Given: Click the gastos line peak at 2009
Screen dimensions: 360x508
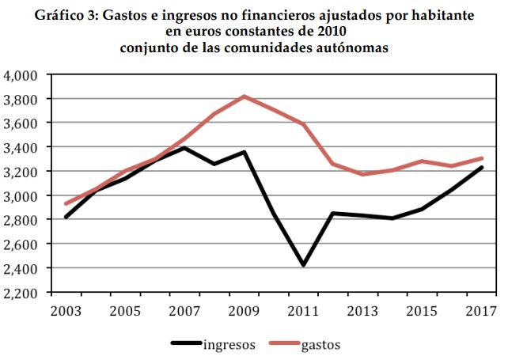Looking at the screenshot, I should [x=244, y=96].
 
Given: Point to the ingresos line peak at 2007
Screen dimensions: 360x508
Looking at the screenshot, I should [x=184, y=147].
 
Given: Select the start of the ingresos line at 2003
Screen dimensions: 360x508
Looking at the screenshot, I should [x=66, y=217].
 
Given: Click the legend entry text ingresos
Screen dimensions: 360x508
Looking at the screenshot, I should [x=229, y=344].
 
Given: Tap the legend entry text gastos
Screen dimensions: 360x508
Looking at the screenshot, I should [x=320, y=344].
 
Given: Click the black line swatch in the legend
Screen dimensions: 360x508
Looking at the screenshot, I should [x=187, y=344].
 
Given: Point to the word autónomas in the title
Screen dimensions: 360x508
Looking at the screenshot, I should [x=351, y=47].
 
